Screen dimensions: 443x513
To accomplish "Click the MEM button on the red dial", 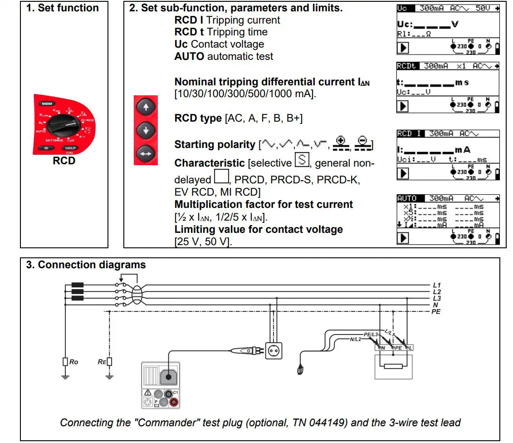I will (x=47, y=103).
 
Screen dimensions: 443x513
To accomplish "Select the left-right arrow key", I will (x=146, y=154).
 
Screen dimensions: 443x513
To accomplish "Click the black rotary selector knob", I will (x=64, y=123).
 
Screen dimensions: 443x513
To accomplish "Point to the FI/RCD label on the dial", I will (x=88, y=120).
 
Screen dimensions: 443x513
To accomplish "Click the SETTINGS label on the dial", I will (x=54, y=140).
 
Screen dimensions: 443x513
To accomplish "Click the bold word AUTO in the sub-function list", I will (x=189, y=57).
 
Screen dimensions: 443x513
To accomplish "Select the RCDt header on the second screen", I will (x=406, y=66).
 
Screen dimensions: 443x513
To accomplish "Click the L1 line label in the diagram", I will (x=437, y=285).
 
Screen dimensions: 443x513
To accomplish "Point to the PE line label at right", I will (x=436, y=312).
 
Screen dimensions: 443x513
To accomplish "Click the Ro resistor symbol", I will (x=65, y=361).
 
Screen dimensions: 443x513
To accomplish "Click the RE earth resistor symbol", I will (x=109, y=361).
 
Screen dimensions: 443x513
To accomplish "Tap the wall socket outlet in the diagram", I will (x=274, y=350).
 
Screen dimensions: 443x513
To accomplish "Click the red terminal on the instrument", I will (x=173, y=401).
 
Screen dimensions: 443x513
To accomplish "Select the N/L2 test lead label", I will (x=356, y=340).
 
